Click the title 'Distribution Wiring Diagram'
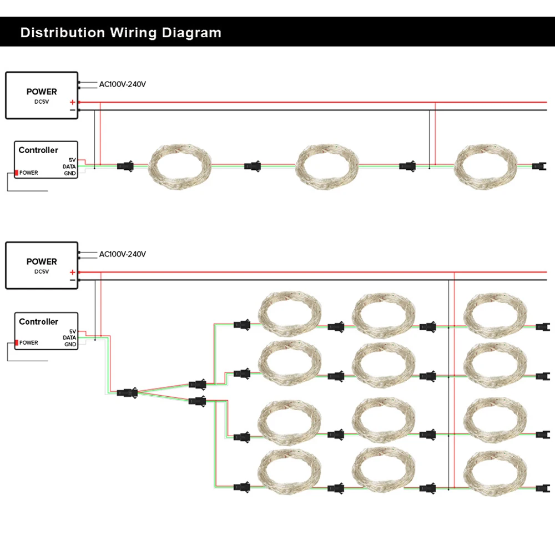[120, 33]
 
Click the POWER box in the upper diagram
[42, 95]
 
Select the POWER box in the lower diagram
[42, 265]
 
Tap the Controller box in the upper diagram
[46, 159]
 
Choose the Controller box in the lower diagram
[46, 331]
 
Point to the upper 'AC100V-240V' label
[122, 84]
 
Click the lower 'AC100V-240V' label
[122, 254]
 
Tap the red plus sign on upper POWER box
[72, 103]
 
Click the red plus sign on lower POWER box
[72, 273]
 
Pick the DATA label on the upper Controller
[69, 167]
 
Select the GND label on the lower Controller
[70, 344]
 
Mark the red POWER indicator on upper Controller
[17, 173]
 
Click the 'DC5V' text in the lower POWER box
[42, 271]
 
